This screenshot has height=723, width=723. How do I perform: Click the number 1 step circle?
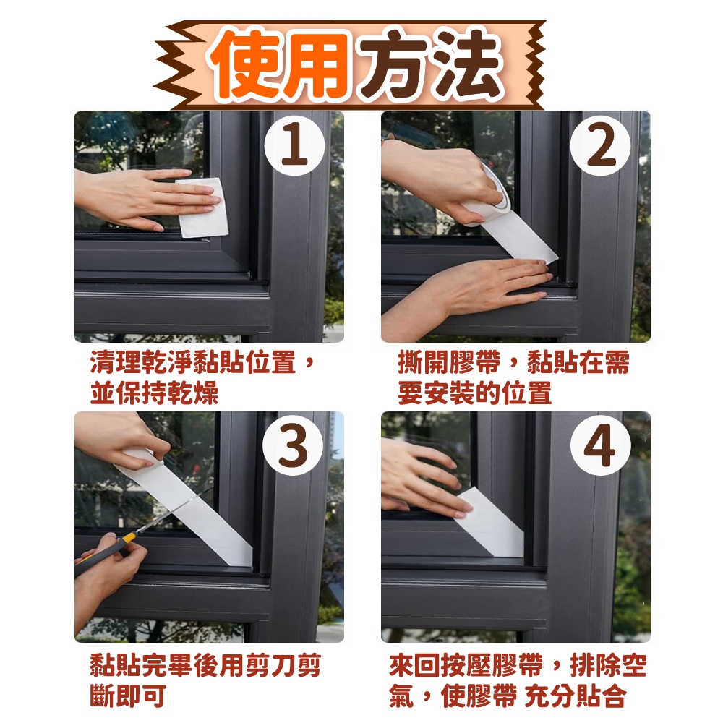pos(295,146)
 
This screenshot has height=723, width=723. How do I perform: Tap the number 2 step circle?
pos(600,146)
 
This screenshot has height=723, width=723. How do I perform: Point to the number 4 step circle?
pos(600,445)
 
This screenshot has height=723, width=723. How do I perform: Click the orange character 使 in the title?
pos(247,64)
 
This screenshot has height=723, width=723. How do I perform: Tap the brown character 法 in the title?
pos(465,64)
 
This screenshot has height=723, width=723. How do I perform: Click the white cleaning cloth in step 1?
pos(203,208)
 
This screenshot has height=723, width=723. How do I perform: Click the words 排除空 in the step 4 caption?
pos(608,665)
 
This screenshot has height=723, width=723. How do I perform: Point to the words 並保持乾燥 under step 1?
pos(154,393)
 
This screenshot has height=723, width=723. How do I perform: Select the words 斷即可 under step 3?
pos(128,696)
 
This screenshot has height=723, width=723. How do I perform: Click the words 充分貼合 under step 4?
pos(576,696)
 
